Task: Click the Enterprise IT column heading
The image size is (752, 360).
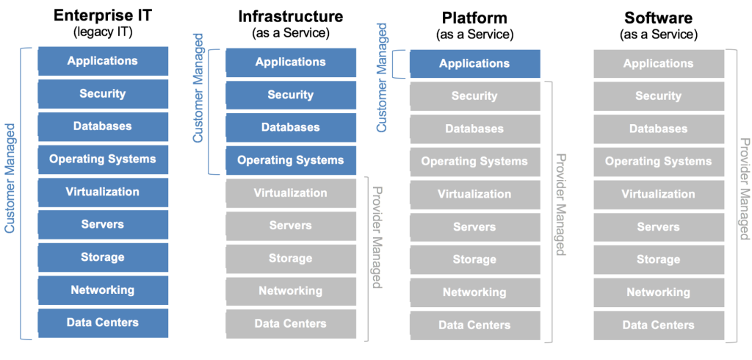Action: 103,16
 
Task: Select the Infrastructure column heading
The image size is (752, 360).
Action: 291,16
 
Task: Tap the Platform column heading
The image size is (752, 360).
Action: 474,18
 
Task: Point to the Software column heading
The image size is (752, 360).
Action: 659,18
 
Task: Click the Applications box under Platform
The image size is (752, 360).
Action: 475,64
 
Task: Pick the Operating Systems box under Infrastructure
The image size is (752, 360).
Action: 291,160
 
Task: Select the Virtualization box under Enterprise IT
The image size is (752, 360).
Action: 103,192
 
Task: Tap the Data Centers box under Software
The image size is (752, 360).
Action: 659,325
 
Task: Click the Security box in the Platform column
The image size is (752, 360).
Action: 475,96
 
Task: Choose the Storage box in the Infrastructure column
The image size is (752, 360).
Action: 291,259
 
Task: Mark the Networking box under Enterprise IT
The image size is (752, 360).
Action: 103,290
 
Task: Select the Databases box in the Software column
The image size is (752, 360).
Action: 659,129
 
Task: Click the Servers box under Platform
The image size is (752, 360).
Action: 475,227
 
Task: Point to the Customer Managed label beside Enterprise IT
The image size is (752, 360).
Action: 10,179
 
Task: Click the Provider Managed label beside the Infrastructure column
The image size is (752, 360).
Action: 377,237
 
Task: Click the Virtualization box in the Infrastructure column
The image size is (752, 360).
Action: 291,193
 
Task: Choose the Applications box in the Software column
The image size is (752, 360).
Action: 659,64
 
